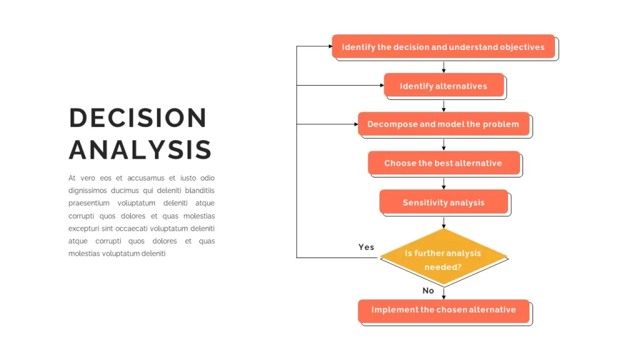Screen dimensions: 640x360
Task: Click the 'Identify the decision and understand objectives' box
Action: pyautogui.click(x=443, y=46)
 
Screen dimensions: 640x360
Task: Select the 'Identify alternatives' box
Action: pyautogui.click(x=444, y=85)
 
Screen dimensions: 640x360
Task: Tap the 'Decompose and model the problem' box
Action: pyautogui.click(x=444, y=124)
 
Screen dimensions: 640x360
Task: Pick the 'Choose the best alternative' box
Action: pyautogui.click(x=444, y=163)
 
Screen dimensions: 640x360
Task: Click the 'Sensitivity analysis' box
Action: pyautogui.click(x=444, y=202)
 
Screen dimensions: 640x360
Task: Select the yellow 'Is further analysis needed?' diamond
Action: pyautogui.click(x=444, y=257)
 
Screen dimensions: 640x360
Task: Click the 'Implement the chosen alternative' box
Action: pyautogui.click(x=444, y=311)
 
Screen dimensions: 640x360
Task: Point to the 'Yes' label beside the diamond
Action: pyautogui.click(x=366, y=247)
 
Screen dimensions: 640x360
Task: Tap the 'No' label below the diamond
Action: pyautogui.click(x=428, y=291)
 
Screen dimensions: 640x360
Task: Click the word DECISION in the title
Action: pyautogui.click(x=138, y=118)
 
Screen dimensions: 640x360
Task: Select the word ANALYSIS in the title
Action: pyautogui.click(x=140, y=149)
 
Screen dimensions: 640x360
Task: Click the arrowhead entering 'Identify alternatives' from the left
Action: pyautogui.click(x=382, y=85)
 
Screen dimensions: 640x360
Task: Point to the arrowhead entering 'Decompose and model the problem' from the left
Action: pyautogui.click(x=356, y=124)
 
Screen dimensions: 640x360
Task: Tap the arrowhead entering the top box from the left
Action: pyautogui.click(x=330, y=46)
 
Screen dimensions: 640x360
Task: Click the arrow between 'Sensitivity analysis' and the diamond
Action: pyautogui.click(x=444, y=222)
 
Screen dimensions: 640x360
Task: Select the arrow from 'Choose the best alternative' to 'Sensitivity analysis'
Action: pyautogui.click(x=444, y=184)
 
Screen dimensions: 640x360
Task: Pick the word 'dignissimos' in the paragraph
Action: pyautogui.click(x=87, y=191)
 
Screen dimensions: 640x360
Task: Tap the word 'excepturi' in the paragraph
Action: pyautogui.click(x=84, y=229)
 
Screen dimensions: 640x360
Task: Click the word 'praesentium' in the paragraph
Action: pyautogui.click(x=89, y=203)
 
